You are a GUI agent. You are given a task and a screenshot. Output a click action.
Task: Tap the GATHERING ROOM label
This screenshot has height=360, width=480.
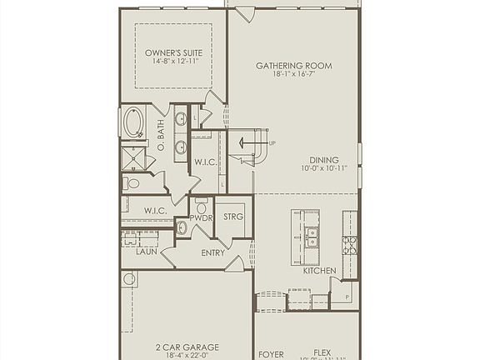(294, 65)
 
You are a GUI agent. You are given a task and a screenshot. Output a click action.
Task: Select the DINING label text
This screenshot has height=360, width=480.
(324, 161)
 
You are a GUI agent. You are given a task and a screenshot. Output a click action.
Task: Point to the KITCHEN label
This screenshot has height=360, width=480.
(319, 271)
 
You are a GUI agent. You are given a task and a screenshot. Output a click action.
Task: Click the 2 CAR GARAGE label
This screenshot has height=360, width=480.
(186, 346)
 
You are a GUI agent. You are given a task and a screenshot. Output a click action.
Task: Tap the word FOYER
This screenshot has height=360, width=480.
(271, 354)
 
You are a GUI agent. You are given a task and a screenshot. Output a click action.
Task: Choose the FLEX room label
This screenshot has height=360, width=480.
(322, 353)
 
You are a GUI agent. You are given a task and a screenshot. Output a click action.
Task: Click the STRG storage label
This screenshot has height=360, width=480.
(233, 217)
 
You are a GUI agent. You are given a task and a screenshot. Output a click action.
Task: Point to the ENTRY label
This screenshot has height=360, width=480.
(212, 253)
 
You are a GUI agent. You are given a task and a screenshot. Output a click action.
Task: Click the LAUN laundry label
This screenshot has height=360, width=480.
(147, 251)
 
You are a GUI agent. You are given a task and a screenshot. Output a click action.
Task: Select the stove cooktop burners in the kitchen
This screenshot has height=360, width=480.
(350, 244)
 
